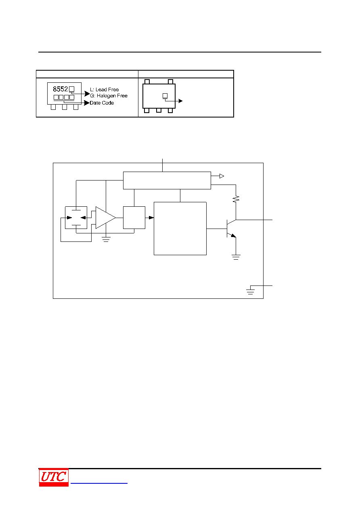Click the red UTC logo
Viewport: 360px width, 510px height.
coord(54,477)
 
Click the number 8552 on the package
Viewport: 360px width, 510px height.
coord(60,89)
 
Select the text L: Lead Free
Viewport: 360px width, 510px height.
coord(104,90)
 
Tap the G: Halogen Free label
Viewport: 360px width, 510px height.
coord(109,96)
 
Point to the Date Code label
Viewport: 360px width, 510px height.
coord(102,103)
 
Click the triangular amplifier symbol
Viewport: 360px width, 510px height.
coord(105,218)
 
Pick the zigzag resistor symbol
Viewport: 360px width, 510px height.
coord(236,199)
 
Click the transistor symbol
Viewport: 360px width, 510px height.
coord(231,229)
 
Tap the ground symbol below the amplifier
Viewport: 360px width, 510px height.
coord(106,239)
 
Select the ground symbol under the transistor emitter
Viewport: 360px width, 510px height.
coord(236,257)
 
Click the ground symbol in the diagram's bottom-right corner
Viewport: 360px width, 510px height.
coord(250,292)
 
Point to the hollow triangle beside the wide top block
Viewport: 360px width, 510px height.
coord(222,176)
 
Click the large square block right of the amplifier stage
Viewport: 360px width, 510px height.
coord(180,229)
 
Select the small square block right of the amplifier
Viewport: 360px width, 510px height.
coord(134,218)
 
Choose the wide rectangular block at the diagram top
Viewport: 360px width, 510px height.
coord(167,180)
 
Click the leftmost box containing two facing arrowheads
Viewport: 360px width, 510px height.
coord(76,218)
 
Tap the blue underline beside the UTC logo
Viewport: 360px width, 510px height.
coord(99,483)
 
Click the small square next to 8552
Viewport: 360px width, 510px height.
coord(71,89)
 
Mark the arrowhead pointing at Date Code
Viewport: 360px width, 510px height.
coord(87,103)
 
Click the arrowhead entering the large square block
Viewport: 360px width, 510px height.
coord(151,218)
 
